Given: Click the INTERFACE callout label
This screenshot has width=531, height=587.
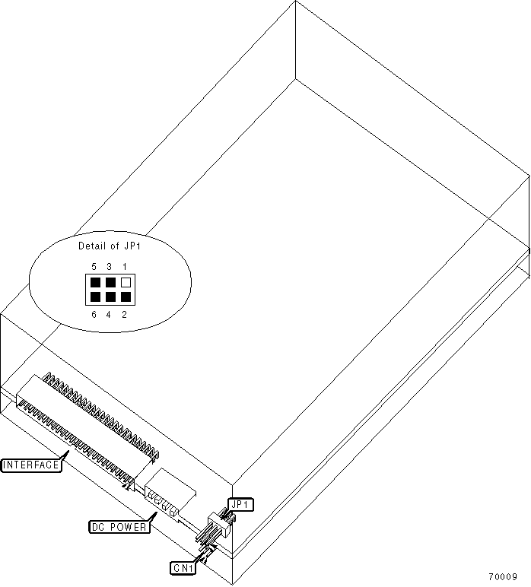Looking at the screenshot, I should [31, 465].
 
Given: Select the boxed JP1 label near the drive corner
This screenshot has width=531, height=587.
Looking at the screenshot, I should [239, 504].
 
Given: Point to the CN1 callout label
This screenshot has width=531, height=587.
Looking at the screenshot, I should [183, 566].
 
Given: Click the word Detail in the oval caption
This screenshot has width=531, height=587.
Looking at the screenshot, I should [92, 246].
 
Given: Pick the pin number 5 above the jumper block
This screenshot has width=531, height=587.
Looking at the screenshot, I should [94, 267].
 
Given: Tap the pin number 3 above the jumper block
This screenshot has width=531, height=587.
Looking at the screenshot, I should [110, 267].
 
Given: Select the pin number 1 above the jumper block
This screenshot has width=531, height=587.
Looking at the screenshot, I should [125, 267].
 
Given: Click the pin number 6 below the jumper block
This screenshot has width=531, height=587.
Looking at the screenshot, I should [94, 314].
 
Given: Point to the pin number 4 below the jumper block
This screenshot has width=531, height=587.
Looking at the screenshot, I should [110, 314].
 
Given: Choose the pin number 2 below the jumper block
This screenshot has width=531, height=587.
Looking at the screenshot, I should [125, 314].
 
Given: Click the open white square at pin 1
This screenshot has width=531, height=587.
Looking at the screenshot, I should [126, 283].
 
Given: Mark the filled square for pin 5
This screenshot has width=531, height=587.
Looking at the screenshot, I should [95, 283].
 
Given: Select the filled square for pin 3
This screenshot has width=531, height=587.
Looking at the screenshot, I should [110, 283].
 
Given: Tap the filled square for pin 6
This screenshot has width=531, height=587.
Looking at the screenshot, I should [95, 297].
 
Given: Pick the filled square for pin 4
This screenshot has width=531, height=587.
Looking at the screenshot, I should [110, 297].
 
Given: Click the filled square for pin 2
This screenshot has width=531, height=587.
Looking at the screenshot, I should [126, 297].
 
